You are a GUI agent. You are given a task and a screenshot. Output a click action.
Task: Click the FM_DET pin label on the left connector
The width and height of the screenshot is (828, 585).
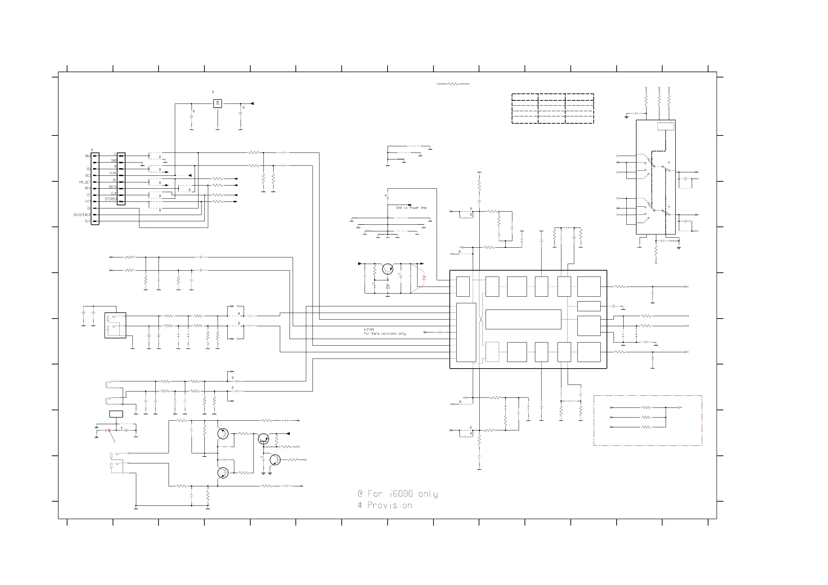point(85,182)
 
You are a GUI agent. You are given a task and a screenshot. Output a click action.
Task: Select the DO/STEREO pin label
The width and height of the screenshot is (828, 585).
point(82,215)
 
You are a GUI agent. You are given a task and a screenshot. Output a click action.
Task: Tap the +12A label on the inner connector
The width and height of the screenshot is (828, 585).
point(113,173)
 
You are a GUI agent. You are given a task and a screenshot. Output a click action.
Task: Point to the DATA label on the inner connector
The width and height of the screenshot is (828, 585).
point(113,187)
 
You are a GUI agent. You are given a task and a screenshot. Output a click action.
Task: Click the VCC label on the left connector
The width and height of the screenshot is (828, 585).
point(88,175)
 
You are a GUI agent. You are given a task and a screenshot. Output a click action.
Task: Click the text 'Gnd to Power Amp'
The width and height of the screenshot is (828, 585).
point(411,208)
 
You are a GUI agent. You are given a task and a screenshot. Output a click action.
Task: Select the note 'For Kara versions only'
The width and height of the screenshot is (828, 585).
point(384,334)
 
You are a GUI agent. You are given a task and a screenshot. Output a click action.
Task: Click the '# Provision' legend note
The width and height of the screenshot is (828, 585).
point(385,505)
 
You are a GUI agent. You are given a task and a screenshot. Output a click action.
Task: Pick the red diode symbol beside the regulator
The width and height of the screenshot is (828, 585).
point(424,278)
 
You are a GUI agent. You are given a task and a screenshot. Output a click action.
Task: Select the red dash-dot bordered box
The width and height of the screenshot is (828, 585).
point(648,421)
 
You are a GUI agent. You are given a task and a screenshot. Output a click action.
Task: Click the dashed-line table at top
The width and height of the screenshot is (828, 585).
point(552,108)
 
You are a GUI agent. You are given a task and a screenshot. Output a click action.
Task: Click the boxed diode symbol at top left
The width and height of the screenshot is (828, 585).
point(218,104)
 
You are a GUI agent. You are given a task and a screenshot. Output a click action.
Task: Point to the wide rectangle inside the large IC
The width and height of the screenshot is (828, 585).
point(523,319)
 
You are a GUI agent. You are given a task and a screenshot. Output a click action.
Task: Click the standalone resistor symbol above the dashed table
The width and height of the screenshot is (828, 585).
point(453,84)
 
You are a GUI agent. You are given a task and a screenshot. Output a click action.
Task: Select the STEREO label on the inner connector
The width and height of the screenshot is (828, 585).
point(111,199)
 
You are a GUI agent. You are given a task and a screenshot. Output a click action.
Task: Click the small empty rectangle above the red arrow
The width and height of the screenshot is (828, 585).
point(116,414)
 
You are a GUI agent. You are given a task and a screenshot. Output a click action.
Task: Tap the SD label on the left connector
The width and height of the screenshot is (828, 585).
point(88,169)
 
